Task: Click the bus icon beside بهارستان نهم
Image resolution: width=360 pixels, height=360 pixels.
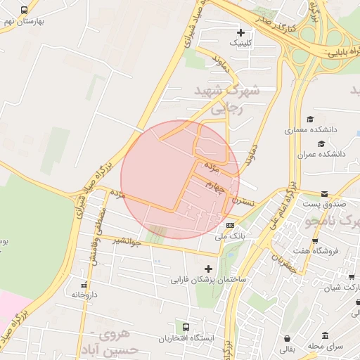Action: (x=25, y=11)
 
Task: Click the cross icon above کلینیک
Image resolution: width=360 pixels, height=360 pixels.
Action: (x=241, y=32)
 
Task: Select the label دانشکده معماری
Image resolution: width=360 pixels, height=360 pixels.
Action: (x=311, y=130)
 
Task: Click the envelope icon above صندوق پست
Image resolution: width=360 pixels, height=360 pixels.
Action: (x=324, y=193)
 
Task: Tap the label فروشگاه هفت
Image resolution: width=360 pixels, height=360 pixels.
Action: (x=316, y=250)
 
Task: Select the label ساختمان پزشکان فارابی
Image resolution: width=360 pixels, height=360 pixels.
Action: (x=207, y=279)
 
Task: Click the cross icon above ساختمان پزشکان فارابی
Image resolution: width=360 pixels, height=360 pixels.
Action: (x=207, y=269)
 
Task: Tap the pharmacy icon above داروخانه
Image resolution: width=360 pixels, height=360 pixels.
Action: (x=85, y=285)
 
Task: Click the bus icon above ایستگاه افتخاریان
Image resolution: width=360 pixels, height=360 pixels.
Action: (x=186, y=328)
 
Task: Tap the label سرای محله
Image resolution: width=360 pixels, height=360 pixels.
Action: (x=324, y=347)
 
